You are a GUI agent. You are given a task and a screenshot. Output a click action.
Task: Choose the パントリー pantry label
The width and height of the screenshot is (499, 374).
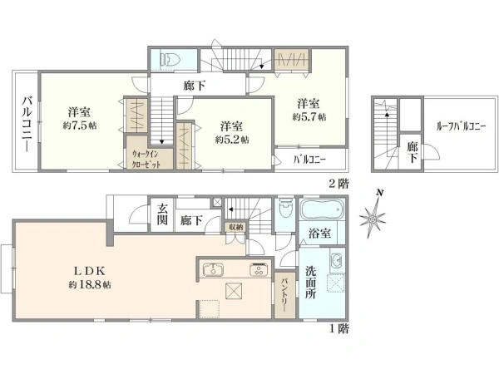[x=284, y=294]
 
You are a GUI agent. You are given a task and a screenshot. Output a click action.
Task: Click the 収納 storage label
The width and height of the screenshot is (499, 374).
[x=235, y=226]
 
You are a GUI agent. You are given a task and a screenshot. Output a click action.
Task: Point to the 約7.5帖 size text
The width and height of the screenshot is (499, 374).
[x=79, y=126]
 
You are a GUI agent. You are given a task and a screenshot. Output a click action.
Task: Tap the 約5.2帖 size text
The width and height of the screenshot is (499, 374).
[x=232, y=139]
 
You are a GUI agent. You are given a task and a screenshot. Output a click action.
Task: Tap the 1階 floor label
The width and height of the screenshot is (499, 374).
[x=337, y=329]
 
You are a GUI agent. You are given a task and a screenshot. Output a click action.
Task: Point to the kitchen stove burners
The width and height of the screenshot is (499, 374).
[x=258, y=270]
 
